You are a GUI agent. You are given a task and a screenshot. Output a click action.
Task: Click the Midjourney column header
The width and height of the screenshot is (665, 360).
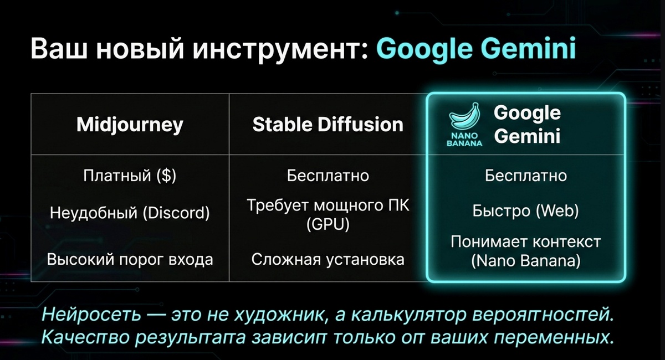130,125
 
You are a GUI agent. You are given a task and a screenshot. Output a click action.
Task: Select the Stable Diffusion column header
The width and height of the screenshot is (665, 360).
328,125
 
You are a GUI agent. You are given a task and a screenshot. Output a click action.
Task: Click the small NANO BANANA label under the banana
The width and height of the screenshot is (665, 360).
464,138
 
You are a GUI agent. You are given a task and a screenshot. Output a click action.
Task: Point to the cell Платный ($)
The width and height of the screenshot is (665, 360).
130,176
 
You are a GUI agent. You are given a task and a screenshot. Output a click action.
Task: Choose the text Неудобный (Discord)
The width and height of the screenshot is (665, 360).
130,213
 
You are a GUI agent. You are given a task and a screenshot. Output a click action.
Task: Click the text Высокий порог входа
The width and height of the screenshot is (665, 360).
130,259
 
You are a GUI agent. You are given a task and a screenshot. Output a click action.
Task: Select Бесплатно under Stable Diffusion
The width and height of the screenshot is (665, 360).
328,176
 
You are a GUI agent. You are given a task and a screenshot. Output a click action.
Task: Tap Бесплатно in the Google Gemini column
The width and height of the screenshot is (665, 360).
525,176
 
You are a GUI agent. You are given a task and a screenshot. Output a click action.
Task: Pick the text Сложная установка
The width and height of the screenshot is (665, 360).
328,259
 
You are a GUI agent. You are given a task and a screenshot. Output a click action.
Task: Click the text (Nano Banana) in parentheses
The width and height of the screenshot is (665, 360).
525,261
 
